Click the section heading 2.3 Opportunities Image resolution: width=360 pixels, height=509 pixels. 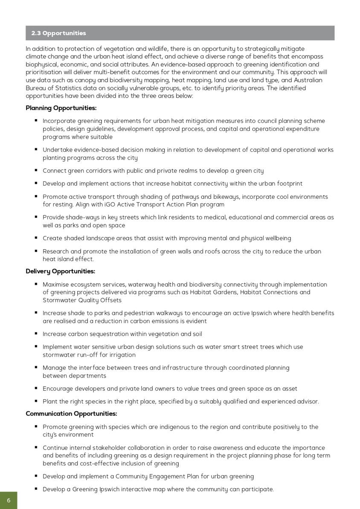pyautogui.click(x=58, y=33)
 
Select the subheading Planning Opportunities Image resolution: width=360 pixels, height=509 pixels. pyautogui.click(x=61, y=108)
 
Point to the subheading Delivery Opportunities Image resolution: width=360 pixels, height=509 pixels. pyautogui.click(x=60, y=271)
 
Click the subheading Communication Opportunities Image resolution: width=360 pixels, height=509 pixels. pyautogui.click(x=71, y=414)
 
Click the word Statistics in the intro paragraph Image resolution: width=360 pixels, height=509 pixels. pyautogui.click(x=71, y=88)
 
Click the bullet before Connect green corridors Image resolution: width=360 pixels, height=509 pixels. pyautogui.click(x=36, y=170)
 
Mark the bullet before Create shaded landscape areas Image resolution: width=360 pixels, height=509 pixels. pyautogui.click(x=36, y=238)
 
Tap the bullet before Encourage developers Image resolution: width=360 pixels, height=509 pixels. pyautogui.click(x=36, y=388)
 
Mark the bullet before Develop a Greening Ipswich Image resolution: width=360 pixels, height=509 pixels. pyautogui.click(x=36, y=489)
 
